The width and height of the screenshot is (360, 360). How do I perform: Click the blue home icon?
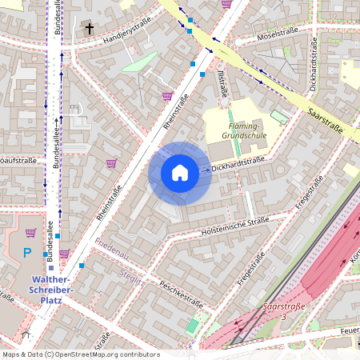click(x=180, y=173)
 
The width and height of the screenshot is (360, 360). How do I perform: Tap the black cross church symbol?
click(x=90, y=29)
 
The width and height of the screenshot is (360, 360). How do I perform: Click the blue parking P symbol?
click(x=27, y=253)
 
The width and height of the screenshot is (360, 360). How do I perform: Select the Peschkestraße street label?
click(x=181, y=293)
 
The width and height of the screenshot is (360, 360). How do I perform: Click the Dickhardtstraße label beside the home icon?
click(x=238, y=162)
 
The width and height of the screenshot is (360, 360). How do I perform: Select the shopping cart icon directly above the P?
click(x=31, y=233)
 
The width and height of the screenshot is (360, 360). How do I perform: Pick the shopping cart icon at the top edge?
click(x=227, y=4)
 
